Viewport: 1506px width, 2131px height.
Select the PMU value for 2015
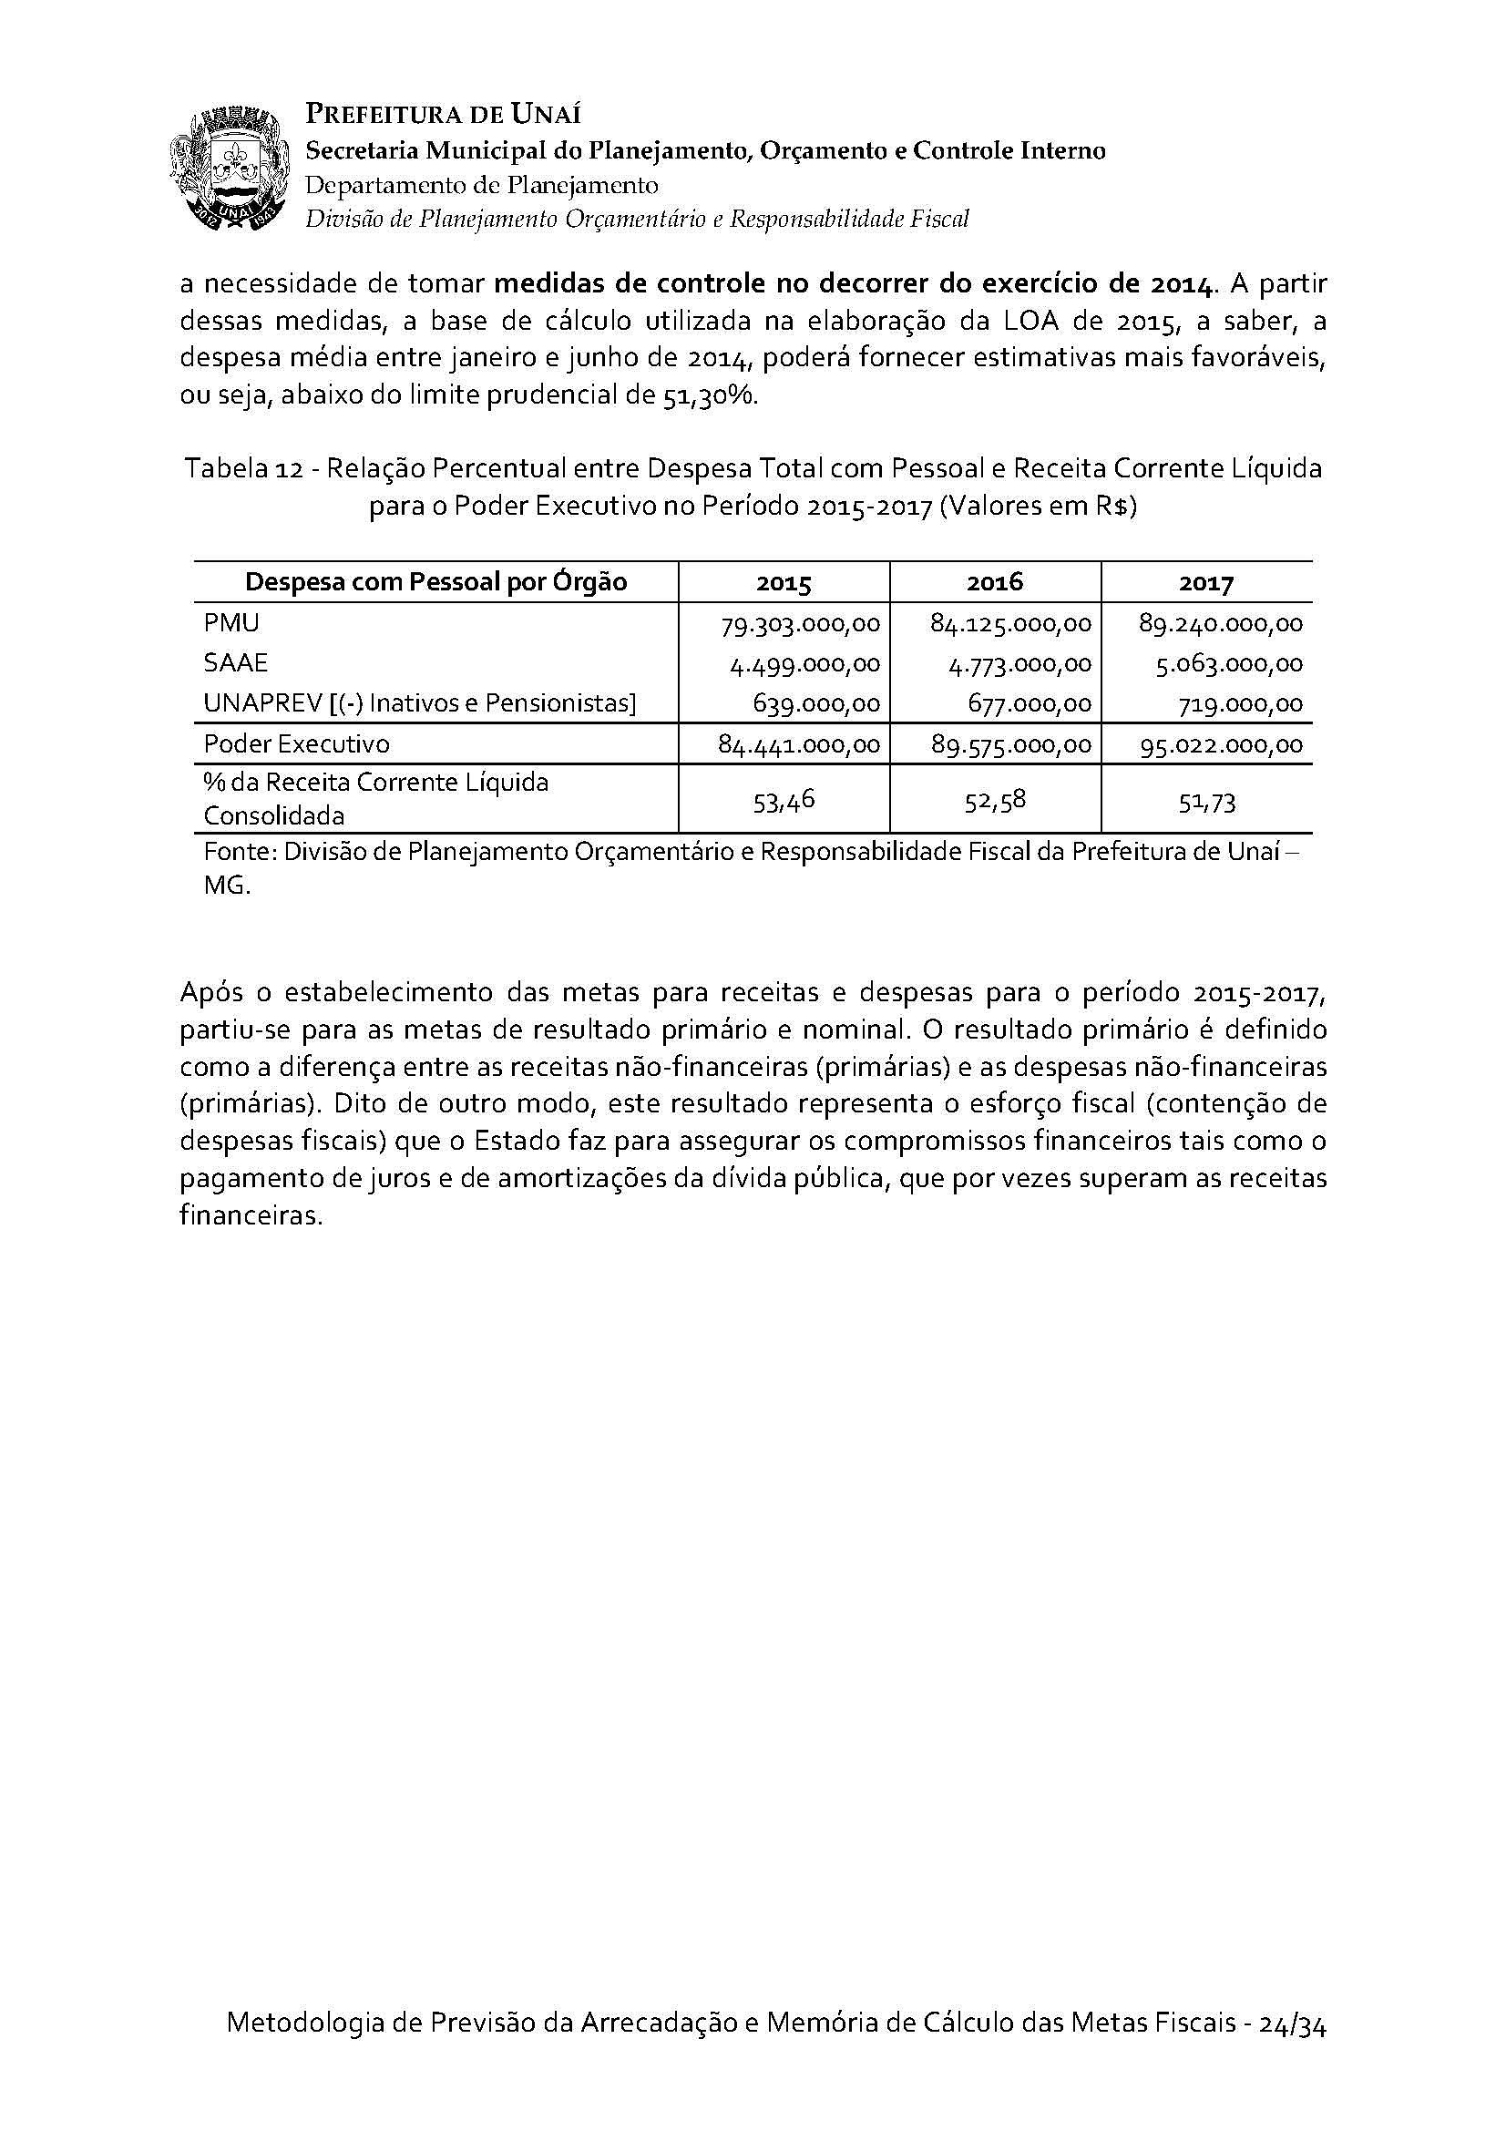[x=800, y=624]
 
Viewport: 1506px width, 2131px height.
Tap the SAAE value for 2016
[x=1011, y=664]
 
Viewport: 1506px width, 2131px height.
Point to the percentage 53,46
[x=784, y=802]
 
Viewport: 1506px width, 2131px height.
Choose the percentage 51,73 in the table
[x=1206, y=802]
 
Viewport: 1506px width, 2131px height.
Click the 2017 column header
[x=1206, y=583]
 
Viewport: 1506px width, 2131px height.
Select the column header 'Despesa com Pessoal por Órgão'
[x=435, y=582]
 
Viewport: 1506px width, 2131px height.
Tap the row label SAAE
[x=236, y=662]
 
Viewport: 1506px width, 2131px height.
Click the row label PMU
[x=231, y=623]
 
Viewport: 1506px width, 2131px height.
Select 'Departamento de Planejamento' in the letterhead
[x=482, y=185]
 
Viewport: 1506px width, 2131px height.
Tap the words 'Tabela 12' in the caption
[x=243, y=468]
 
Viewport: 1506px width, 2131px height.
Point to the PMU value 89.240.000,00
[x=1220, y=624]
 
